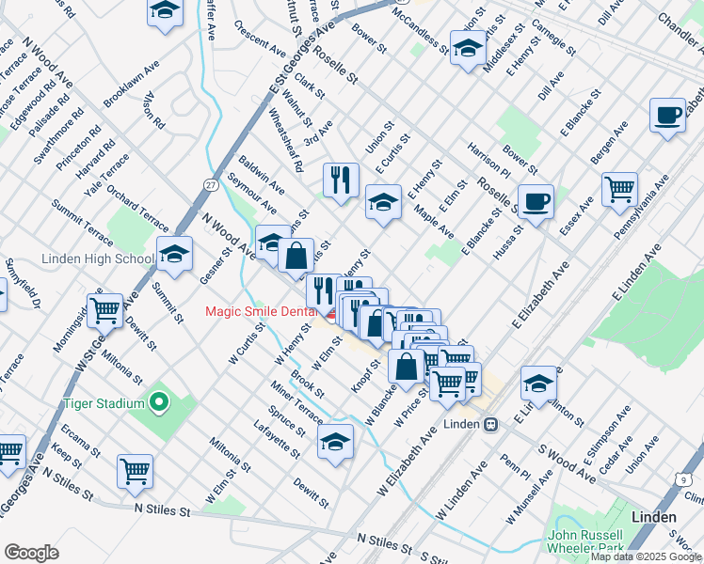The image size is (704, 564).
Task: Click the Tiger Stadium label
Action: point(103,404)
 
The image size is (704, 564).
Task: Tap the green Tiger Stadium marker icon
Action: point(159,404)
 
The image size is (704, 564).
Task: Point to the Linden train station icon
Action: point(490,424)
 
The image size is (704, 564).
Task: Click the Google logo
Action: point(31,553)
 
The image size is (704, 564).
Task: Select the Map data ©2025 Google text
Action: point(646,556)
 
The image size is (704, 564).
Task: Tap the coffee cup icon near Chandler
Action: point(668,116)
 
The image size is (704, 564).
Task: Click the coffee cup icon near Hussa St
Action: point(536,201)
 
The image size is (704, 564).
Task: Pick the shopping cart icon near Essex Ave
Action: point(619,190)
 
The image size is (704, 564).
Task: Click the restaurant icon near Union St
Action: point(341,178)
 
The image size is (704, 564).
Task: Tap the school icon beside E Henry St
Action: point(383,201)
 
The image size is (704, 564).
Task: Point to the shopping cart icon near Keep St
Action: point(135,471)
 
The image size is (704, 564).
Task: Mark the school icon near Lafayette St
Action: point(335,441)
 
